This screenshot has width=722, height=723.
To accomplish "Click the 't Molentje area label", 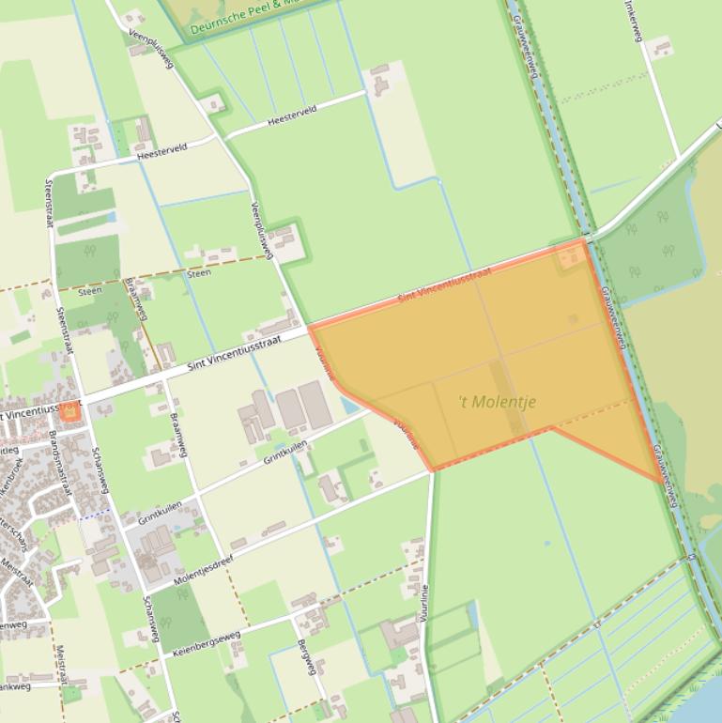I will [x=497, y=402].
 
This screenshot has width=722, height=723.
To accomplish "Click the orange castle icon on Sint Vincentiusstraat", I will [x=69, y=411].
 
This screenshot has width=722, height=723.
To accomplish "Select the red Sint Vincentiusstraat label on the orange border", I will [x=445, y=285].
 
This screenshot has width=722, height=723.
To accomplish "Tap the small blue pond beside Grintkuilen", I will [x=349, y=406].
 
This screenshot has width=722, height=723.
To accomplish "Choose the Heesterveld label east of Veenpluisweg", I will [x=292, y=115].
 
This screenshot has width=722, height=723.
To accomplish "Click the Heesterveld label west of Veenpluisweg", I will [x=162, y=150].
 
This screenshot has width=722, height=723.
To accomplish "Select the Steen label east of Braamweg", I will [x=199, y=273].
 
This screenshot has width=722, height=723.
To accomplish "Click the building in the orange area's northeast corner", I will [x=569, y=255].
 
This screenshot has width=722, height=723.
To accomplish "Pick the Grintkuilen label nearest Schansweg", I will [x=160, y=513].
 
